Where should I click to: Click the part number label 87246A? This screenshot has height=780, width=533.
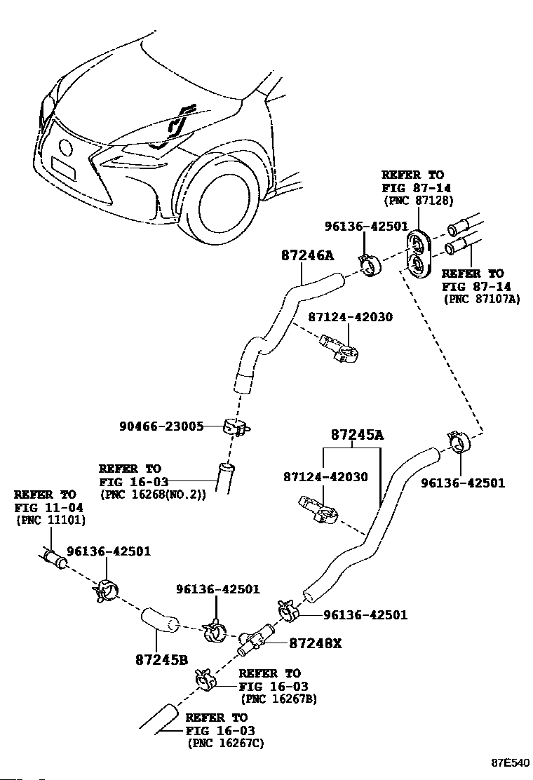point(307,255)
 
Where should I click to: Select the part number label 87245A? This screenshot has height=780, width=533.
point(358,435)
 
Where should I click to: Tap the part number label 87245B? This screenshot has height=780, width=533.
point(161,659)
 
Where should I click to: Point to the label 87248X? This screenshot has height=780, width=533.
point(316,643)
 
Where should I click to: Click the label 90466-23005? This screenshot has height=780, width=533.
point(161,426)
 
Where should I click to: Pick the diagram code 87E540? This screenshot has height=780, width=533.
point(511,762)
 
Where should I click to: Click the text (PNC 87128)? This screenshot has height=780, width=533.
point(419,201)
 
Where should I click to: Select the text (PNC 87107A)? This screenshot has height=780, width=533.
point(481,299)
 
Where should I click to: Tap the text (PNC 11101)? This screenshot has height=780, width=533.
point(50,520)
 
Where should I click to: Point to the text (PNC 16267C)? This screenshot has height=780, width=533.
point(227,744)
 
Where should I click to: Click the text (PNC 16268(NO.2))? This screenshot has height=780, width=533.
point(153,495)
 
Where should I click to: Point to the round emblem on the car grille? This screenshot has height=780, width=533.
point(66,147)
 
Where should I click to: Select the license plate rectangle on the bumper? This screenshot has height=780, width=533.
point(64,168)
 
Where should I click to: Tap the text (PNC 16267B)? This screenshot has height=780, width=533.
point(279,699)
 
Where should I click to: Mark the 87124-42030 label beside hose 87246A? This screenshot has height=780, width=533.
point(351,317)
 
